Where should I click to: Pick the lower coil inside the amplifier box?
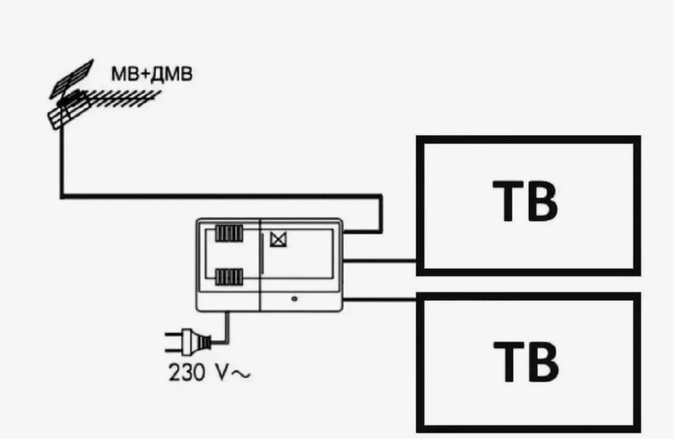click(x=228, y=277)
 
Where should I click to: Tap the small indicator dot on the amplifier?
click(x=295, y=299)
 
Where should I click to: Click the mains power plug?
click(x=193, y=341)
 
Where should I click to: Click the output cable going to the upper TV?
click(x=379, y=260)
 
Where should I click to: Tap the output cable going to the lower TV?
click(x=379, y=299)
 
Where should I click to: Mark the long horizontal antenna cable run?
click(x=220, y=195)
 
